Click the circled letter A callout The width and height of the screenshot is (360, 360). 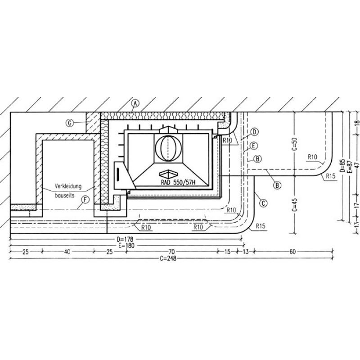point(135,103)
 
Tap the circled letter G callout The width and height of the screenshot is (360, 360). point(70,123)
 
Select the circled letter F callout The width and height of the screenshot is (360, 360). point(85,200)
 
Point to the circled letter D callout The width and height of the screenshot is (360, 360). point(254,132)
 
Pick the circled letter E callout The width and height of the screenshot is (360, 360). point(254,145)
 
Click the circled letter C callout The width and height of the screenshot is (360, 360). point(263,203)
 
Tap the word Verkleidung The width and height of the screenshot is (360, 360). point(68,186)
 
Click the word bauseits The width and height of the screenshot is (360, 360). point(64,196)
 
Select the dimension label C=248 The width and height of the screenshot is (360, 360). point(168,258)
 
